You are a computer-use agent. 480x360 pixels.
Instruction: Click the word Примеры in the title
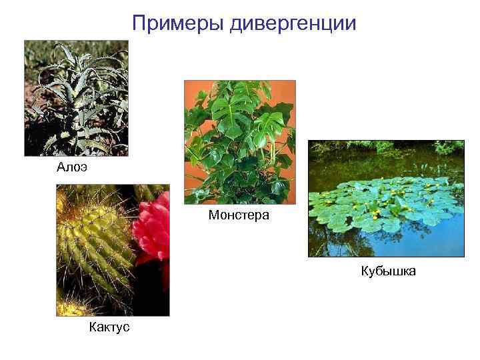point(178,24)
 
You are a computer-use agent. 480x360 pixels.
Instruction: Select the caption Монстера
point(239,215)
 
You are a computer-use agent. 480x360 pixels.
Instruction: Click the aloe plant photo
point(76,99)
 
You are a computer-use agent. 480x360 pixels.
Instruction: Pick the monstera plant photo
point(239,142)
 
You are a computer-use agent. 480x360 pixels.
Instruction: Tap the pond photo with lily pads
point(385,198)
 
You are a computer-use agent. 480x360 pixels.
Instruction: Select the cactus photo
point(113,250)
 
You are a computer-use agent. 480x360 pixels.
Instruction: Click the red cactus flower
point(153,230)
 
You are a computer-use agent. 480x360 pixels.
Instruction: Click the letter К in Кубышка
point(365,271)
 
